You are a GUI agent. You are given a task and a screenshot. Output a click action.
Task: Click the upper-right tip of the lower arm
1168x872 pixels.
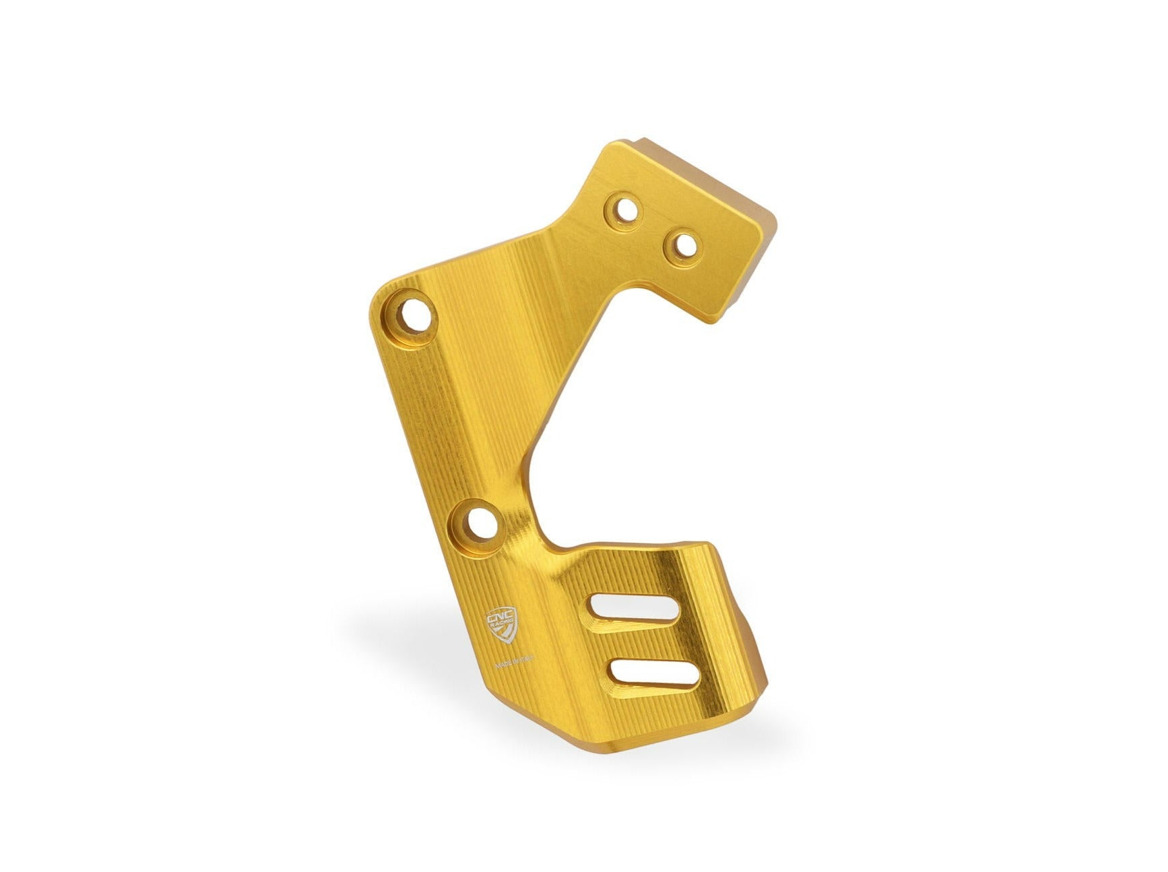(x=707, y=545)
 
